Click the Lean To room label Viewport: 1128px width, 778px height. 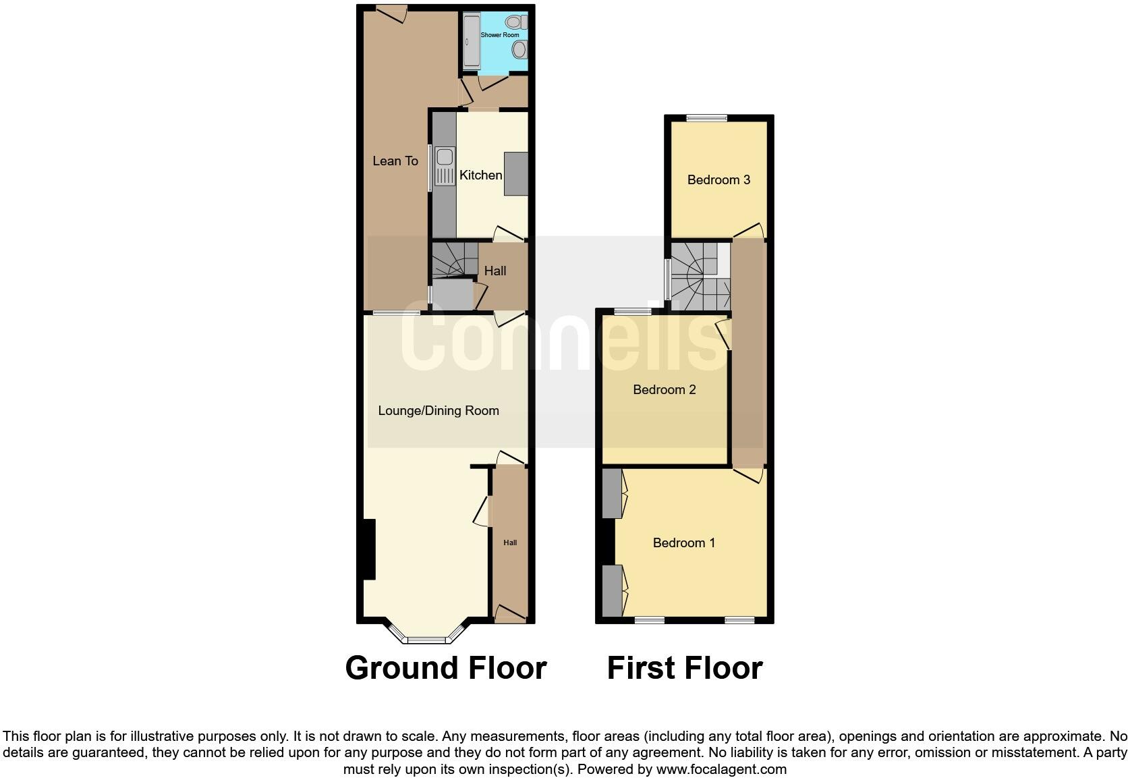click(x=395, y=161)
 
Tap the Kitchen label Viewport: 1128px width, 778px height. click(x=480, y=175)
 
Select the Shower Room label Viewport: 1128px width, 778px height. click(x=500, y=35)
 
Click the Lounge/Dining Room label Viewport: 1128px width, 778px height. click(x=439, y=411)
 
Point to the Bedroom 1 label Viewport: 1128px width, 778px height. click(x=683, y=543)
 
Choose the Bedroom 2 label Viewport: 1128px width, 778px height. click(x=664, y=390)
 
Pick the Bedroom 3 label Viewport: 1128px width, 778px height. click(x=718, y=180)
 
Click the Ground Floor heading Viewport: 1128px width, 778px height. click(x=445, y=668)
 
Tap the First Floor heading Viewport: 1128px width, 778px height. click(x=684, y=668)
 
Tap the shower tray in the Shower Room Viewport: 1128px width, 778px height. click(x=470, y=41)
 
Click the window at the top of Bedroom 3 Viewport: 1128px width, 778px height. click(x=706, y=118)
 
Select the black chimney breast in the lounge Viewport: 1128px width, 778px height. click(x=368, y=549)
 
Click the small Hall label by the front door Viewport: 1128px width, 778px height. click(x=510, y=543)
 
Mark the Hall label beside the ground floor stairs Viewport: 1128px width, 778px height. click(x=495, y=271)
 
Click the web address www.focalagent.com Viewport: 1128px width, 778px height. click(x=721, y=769)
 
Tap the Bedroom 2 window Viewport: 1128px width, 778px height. click(x=633, y=312)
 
